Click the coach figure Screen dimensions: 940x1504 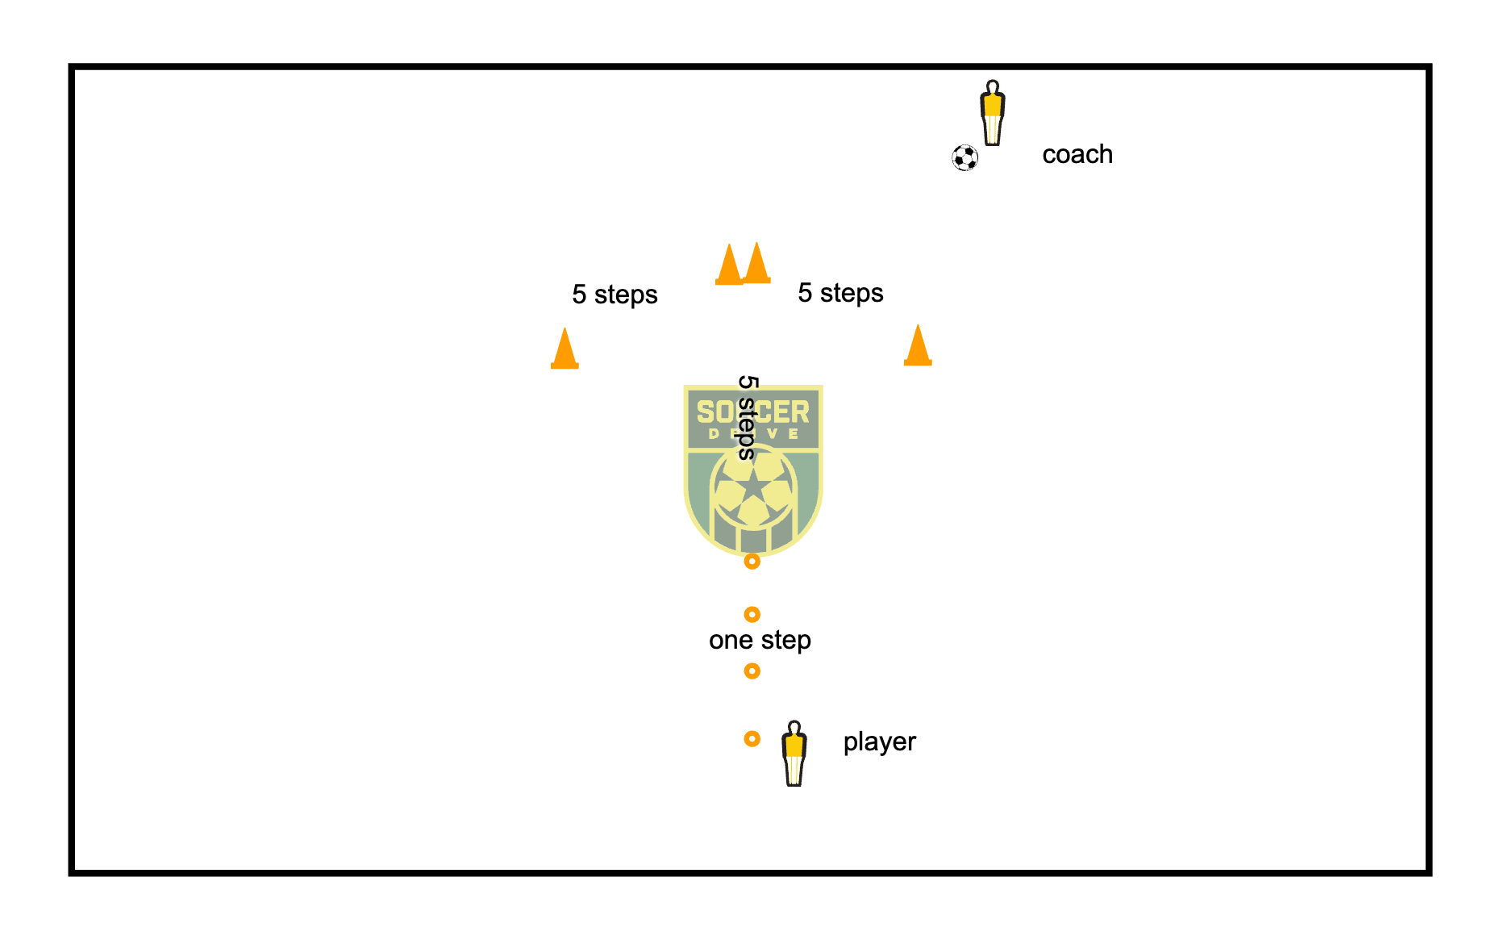(993, 113)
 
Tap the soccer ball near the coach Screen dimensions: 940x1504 (964, 157)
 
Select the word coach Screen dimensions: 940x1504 (1077, 154)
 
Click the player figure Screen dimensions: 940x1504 (794, 754)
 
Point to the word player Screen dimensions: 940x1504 (879, 742)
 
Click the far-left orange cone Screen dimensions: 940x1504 (565, 349)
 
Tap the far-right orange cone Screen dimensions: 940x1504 (918, 347)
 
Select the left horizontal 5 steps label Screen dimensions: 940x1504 (615, 295)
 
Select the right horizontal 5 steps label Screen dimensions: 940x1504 (840, 293)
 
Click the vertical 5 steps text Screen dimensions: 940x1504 (748, 417)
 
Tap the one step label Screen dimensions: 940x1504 (760, 640)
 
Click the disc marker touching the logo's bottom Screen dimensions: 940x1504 (752, 561)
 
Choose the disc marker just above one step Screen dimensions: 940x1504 (752, 615)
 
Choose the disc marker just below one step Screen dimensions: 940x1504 (752, 671)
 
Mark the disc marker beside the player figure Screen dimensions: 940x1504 (752, 738)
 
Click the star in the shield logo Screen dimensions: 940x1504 (753, 487)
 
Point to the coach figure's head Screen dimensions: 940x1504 (993, 86)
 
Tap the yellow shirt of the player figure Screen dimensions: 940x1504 (794, 744)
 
